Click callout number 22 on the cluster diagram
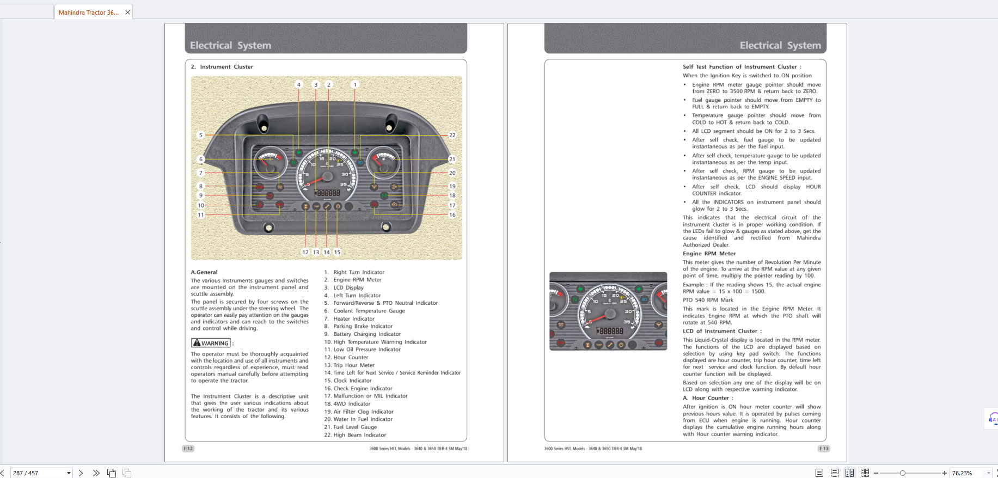tap(452, 135)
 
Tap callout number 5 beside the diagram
tap(201, 135)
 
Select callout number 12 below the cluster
tap(305, 252)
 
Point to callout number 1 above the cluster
tap(355, 84)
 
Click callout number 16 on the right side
tap(452, 215)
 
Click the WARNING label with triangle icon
tap(211, 343)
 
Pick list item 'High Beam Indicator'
tap(359, 435)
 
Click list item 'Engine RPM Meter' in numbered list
tap(357, 280)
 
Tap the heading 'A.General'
tap(204, 272)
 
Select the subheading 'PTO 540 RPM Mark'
tap(708, 300)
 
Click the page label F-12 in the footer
tap(188, 449)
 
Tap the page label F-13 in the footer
tap(823, 449)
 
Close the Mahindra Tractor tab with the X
tap(127, 13)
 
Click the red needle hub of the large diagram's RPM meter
tap(327, 176)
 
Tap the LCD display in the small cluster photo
tap(611, 331)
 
